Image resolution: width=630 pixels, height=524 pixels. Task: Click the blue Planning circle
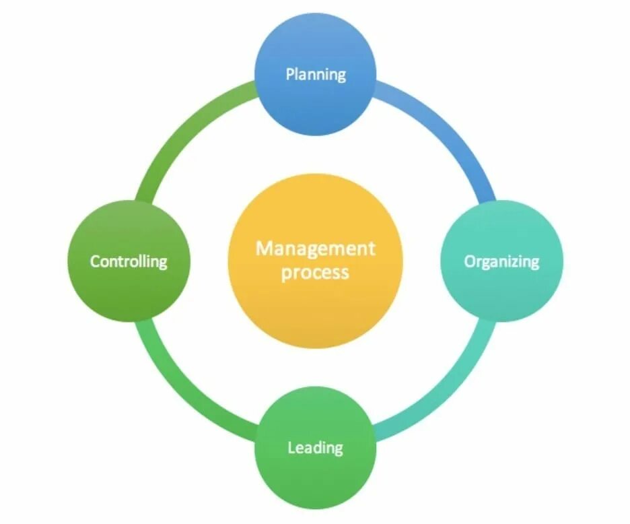[315, 74]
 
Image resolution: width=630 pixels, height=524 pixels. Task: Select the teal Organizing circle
[501, 261]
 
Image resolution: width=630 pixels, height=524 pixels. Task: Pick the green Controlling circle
[129, 261]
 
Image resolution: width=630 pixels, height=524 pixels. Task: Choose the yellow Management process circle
[315, 261]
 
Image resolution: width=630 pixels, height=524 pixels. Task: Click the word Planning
[315, 74]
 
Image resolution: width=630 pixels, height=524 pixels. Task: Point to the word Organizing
[501, 261]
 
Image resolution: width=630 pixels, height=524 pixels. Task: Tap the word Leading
[315, 448]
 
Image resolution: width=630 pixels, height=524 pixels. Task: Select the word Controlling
[129, 261]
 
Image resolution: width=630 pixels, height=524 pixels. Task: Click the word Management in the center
[315, 249]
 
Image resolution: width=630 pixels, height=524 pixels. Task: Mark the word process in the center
[315, 273]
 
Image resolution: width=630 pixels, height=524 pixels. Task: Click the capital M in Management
[263, 249]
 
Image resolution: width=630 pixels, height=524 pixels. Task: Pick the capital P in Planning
[291, 73]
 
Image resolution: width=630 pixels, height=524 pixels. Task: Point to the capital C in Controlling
[95, 261]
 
